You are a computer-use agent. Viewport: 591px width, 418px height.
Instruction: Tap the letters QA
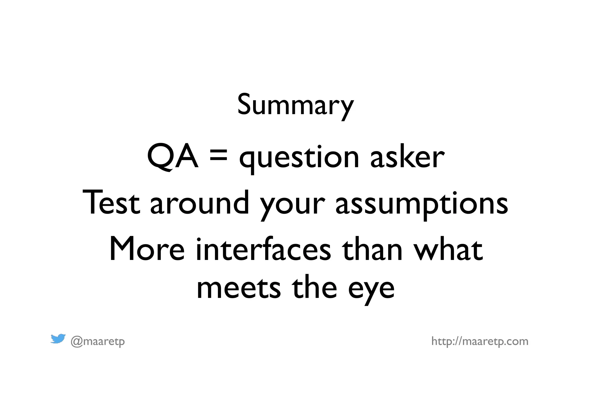(173, 157)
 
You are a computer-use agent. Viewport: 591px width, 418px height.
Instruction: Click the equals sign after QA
(218, 157)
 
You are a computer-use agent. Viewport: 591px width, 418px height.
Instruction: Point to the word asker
(407, 157)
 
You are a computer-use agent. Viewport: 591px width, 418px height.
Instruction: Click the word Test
(111, 203)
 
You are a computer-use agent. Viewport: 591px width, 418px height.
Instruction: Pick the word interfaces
(263, 249)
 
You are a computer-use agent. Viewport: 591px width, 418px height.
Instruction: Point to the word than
(372, 249)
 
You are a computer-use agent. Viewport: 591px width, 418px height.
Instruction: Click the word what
(448, 249)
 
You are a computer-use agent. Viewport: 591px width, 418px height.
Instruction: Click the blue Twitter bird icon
(58, 339)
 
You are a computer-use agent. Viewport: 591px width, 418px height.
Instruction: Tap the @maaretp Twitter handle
(98, 342)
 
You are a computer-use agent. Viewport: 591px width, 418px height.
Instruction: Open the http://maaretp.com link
(480, 341)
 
